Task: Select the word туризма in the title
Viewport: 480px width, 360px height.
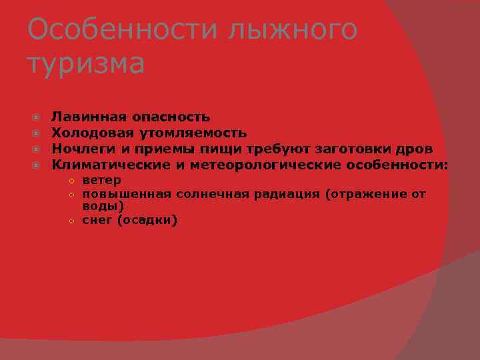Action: (x=85, y=64)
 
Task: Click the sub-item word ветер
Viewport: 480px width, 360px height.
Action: (x=101, y=181)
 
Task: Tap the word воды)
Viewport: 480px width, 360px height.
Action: (x=103, y=207)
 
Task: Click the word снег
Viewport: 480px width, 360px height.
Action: (x=97, y=220)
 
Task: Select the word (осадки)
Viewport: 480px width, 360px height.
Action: (x=147, y=220)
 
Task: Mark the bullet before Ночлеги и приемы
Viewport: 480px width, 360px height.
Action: (x=38, y=149)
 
